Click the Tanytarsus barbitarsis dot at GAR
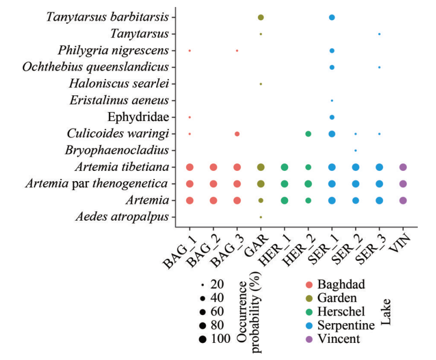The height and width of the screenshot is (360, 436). coord(261,17)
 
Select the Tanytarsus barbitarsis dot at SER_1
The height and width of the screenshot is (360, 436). coord(332,17)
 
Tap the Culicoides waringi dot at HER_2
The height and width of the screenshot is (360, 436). coord(308,133)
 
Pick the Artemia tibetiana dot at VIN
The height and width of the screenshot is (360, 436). coord(403,167)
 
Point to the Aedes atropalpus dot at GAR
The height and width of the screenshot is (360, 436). coord(261,217)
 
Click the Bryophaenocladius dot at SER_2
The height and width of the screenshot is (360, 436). coord(356,150)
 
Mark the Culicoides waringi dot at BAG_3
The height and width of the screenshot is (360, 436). coord(237,133)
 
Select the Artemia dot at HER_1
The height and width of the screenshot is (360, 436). coord(284,200)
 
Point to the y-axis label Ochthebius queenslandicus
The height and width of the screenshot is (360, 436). coord(96,67)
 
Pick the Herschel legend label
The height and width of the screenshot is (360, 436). coord(341,311)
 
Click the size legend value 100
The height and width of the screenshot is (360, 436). coord(220,339)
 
